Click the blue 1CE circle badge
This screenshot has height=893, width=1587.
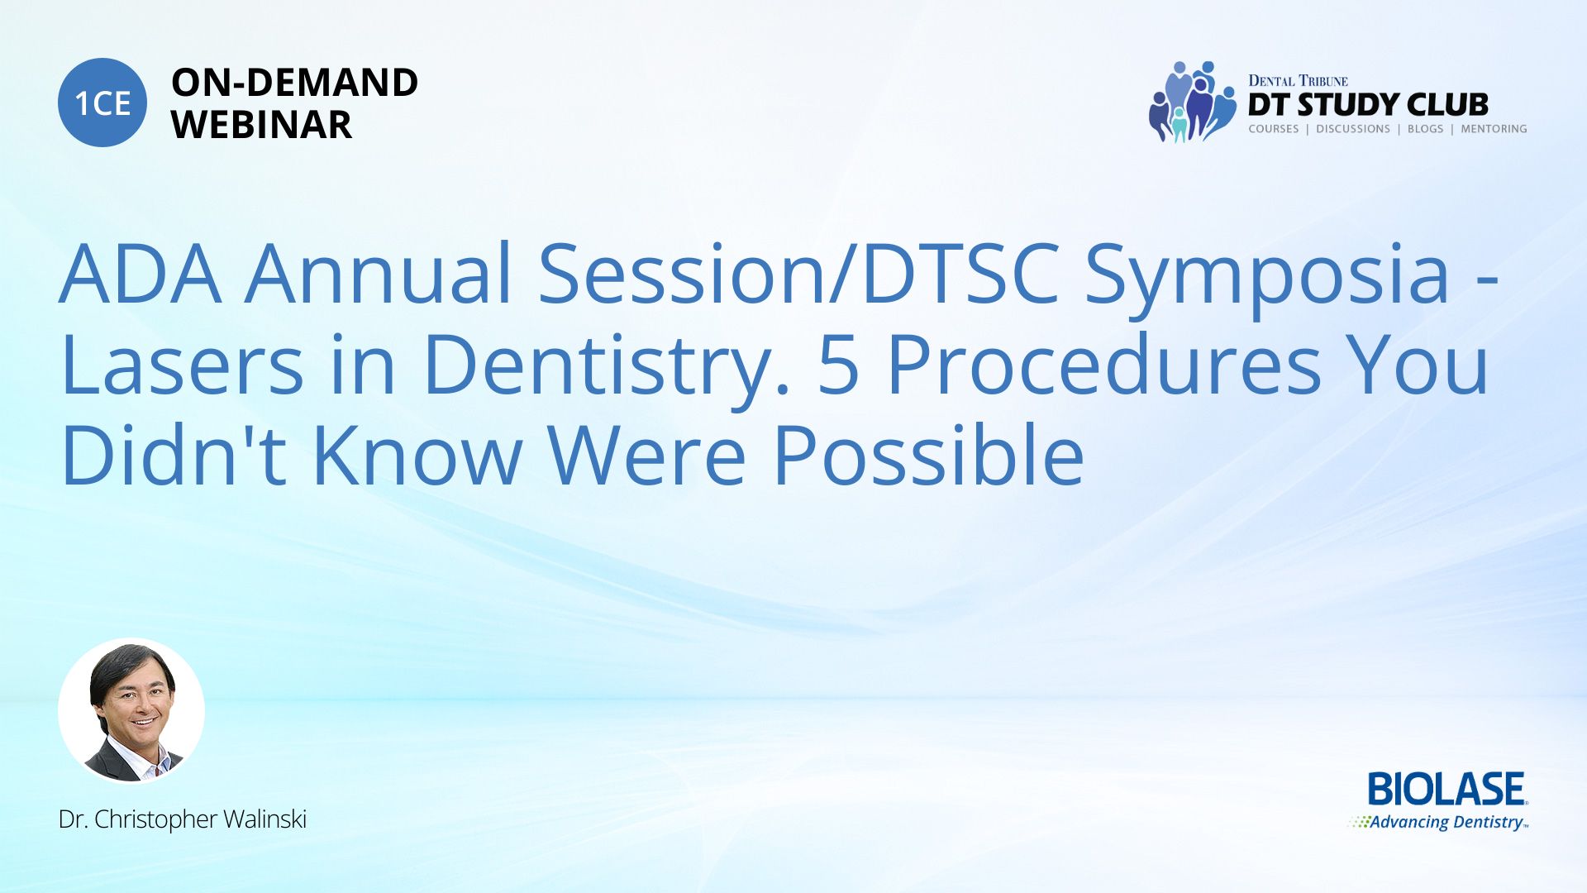102,103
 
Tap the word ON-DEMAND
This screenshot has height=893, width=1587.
294,83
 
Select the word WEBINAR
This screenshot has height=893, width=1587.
261,125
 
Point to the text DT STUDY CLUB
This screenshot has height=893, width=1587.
1368,105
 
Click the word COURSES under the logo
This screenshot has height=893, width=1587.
1274,129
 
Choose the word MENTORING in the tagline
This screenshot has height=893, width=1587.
1494,129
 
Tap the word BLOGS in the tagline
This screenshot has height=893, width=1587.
1425,129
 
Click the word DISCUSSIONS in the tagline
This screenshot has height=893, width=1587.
1353,129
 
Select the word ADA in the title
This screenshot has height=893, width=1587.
141,275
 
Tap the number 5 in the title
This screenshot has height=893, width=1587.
838,365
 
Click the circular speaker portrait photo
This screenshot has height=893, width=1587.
131,711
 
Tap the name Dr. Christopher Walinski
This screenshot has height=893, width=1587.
183,819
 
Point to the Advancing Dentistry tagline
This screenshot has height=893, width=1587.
1439,822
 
